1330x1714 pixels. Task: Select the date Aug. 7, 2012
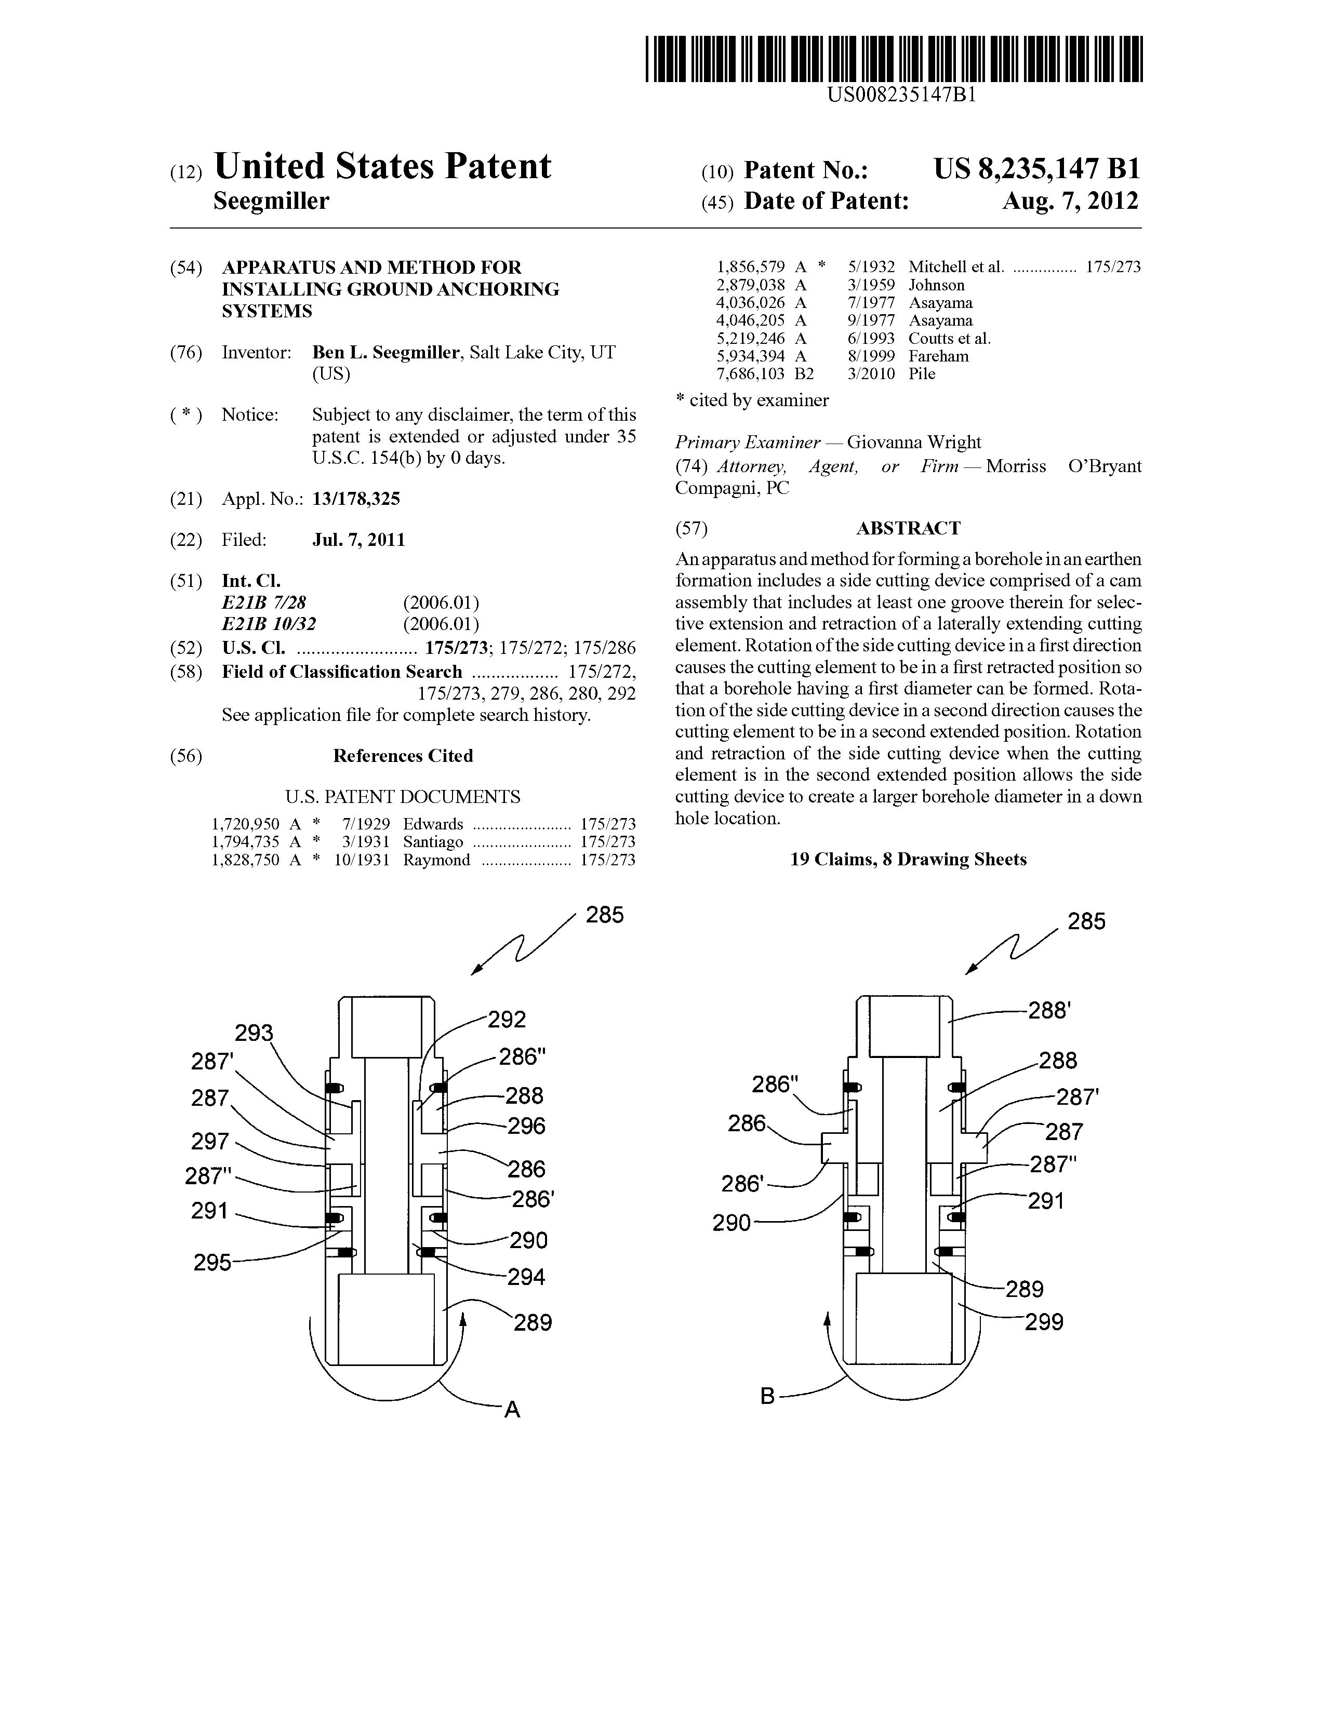(1069, 202)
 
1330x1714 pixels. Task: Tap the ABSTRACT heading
(908, 528)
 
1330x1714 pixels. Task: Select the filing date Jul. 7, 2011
(359, 540)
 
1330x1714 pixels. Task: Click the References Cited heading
(403, 756)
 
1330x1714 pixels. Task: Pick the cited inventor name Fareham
(938, 356)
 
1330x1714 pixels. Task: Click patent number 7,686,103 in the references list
(751, 374)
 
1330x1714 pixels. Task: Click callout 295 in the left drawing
(212, 1263)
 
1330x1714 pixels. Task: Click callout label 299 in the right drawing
(1044, 1322)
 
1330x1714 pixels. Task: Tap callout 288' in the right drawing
(1049, 1010)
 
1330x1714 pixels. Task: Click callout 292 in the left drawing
(507, 1020)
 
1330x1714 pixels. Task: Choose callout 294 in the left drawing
(525, 1277)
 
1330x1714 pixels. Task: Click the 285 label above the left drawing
(605, 915)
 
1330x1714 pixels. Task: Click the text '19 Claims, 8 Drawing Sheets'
(908, 860)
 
